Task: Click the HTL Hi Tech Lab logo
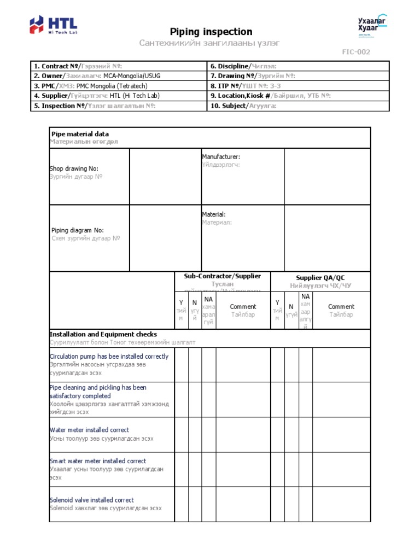[53, 25]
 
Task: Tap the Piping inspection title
[211, 32]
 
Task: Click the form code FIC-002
[356, 52]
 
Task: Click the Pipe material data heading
[80, 134]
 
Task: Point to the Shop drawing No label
[74, 169]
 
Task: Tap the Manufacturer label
[221, 157]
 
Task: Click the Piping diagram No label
[78, 231]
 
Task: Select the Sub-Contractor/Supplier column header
[222, 277]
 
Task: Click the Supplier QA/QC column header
[320, 278]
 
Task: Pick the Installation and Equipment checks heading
[103, 334]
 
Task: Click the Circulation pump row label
[109, 357]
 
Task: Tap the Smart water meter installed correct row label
[98, 461]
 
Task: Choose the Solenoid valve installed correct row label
[91, 500]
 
